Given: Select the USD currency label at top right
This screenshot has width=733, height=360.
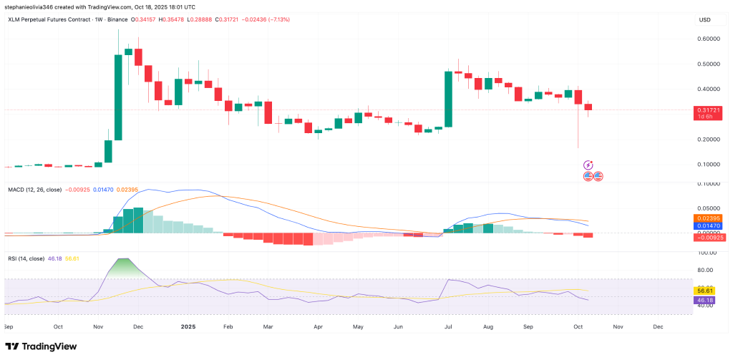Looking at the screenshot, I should coord(704,19).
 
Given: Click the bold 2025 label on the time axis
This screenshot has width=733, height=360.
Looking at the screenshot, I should coord(188,326).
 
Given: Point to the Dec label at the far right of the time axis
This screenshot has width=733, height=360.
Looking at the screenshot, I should coord(657,326).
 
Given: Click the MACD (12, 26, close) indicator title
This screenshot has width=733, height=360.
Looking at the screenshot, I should coord(34,189).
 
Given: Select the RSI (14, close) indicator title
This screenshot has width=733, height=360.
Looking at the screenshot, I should coord(29,258).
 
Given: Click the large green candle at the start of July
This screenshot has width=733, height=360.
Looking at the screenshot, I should coord(448,99).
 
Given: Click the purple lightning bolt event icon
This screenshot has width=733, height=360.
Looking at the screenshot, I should coord(588,165).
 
